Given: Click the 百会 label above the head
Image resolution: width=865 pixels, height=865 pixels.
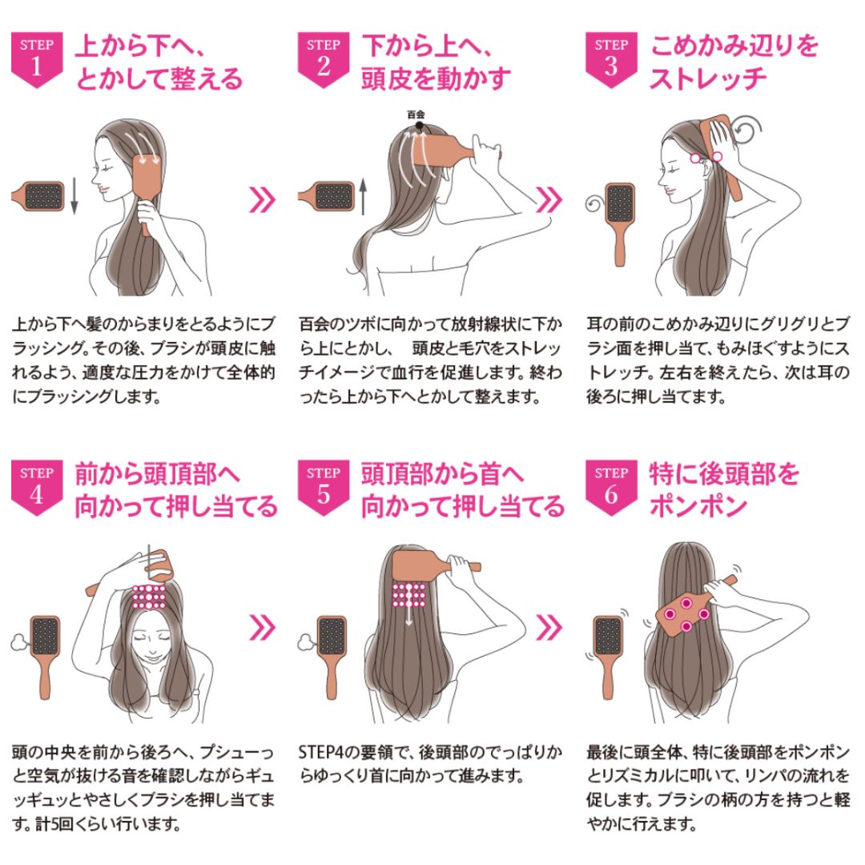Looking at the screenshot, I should click(x=416, y=115).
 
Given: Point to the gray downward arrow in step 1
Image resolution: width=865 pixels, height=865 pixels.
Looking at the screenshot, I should click(x=74, y=197).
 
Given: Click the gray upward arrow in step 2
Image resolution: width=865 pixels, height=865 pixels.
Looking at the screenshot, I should click(x=362, y=197).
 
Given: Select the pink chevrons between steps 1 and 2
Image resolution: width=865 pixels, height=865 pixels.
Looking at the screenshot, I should click(x=263, y=198).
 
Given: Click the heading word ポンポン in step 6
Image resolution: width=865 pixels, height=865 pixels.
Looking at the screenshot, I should click(x=698, y=506).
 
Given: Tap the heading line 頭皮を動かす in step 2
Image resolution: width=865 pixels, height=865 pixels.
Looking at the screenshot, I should click(x=436, y=79).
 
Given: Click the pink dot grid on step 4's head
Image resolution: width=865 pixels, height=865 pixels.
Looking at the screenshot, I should click(x=149, y=596).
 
